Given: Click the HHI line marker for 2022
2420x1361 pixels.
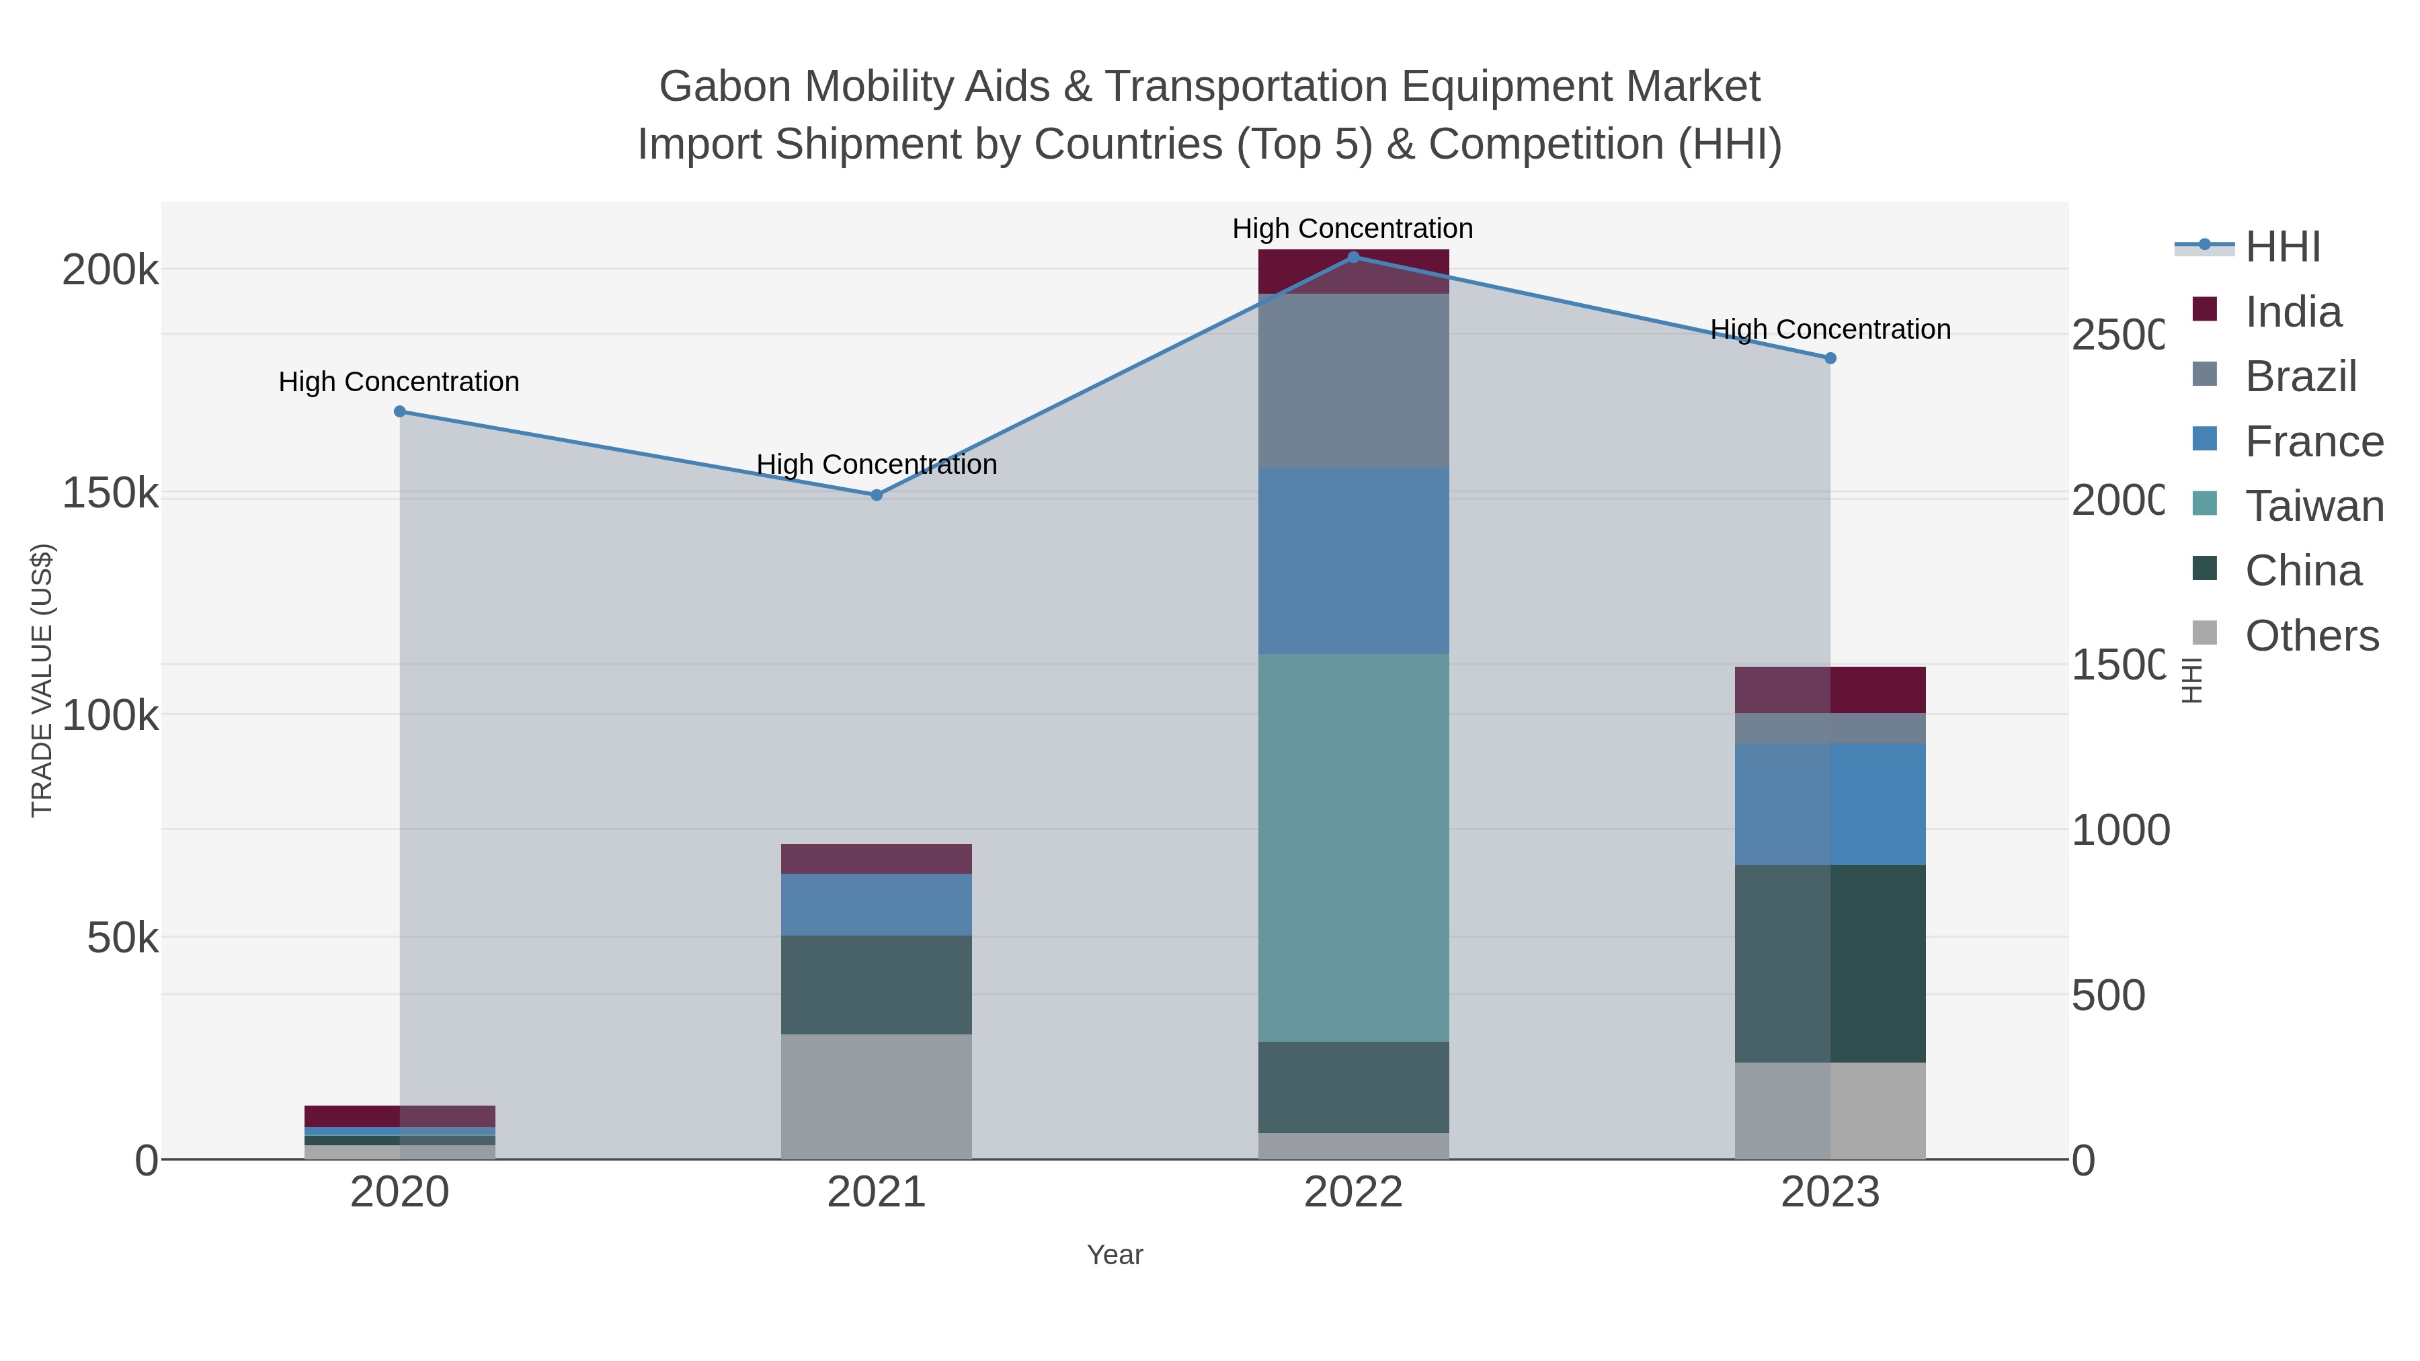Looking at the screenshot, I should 1353,257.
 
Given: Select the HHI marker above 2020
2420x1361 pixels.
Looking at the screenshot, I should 399,411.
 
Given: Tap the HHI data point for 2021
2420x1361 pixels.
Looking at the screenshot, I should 877,495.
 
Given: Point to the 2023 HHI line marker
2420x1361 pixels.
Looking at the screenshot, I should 1830,358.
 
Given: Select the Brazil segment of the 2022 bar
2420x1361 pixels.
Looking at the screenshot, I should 1353,380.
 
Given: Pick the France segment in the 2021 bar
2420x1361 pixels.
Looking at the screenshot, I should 877,905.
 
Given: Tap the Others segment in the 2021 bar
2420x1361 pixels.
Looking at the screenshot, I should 877,1096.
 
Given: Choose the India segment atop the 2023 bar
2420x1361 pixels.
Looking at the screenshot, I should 1830,690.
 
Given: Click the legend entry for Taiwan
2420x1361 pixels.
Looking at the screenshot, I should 2314,506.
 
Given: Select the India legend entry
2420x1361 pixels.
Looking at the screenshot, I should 2292,312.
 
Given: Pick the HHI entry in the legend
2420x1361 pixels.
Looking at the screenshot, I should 2282,247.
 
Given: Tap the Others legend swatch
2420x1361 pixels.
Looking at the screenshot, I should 2204,634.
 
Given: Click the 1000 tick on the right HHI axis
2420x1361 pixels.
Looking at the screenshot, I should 2120,830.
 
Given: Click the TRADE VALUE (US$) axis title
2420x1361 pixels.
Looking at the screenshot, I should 42,680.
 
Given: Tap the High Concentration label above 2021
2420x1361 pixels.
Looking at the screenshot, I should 877,464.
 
